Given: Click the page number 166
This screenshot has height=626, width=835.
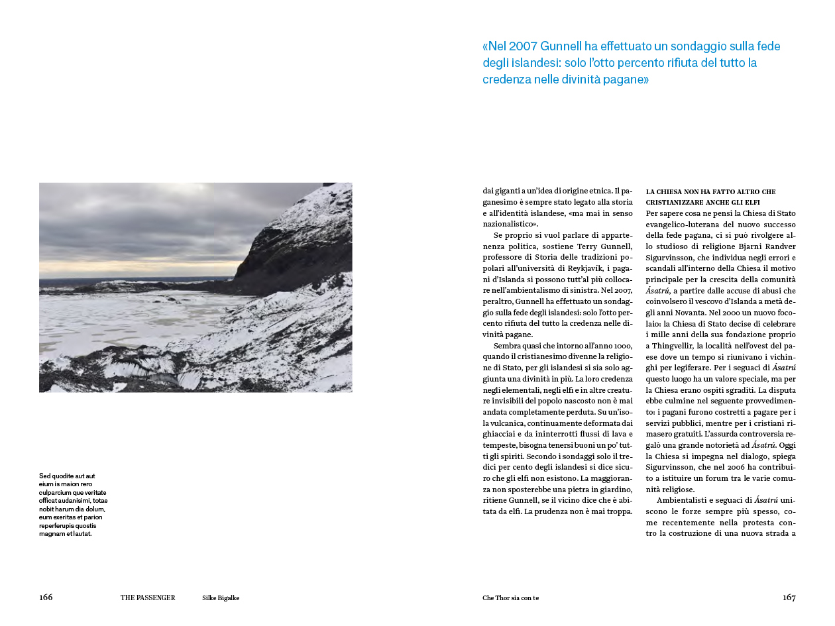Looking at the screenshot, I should coord(46,598).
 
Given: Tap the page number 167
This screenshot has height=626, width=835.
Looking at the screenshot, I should coord(789,598).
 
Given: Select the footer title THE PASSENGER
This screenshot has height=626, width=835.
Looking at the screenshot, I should coord(148,598).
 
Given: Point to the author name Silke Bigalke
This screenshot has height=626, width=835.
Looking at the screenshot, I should coord(221,598).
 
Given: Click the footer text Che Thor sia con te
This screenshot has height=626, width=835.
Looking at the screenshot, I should coord(510,598).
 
